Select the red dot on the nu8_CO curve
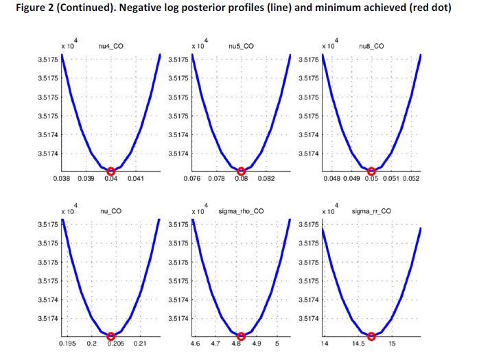(x=371, y=171)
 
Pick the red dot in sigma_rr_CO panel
(x=371, y=336)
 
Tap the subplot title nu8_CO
(x=371, y=46)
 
